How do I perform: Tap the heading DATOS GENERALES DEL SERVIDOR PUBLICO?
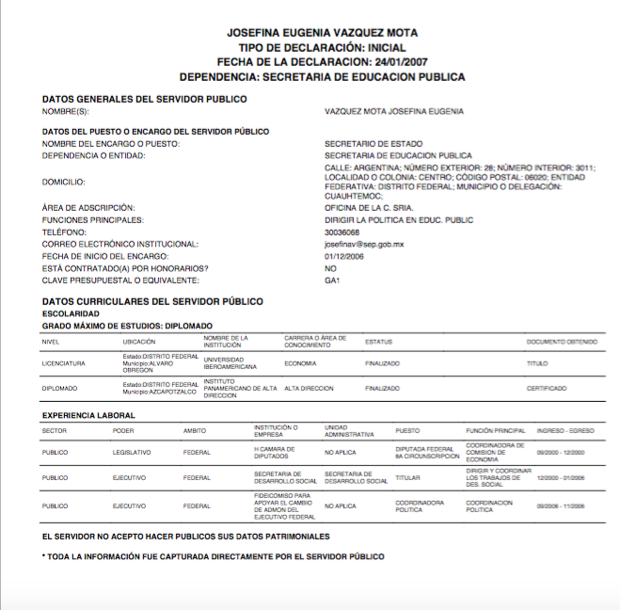point(144,99)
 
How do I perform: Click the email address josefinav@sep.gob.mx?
point(363,244)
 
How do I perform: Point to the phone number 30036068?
point(342,232)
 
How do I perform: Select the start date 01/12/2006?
point(343,256)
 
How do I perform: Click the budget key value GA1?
point(331,281)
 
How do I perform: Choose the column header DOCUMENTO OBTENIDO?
point(564,341)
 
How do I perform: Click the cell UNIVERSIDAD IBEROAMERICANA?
point(229,363)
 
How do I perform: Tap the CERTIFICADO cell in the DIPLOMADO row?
point(547,388)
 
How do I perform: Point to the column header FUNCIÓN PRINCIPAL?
point(494,430)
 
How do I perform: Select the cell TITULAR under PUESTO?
point(407,477)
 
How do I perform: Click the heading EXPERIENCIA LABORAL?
point(88,415)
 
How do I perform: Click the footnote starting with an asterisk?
point(213,556)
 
